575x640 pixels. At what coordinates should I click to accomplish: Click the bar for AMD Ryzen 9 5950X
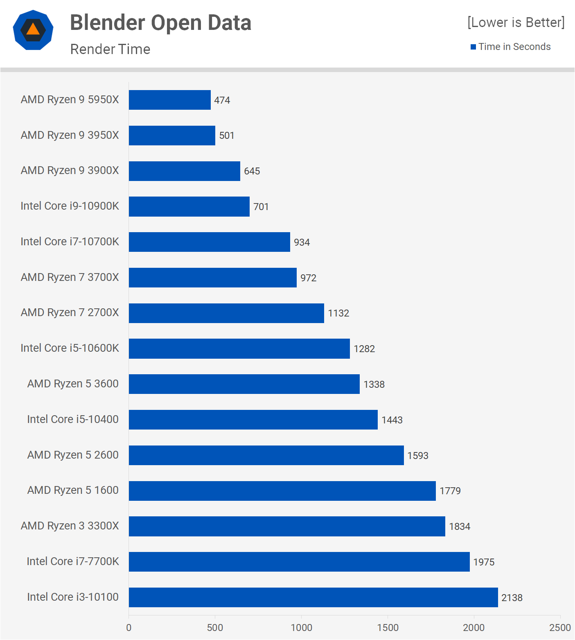tap(169, 100)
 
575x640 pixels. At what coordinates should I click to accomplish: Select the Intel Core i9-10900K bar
tap(189, 206)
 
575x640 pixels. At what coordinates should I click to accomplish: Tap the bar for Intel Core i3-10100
tap(313, 597)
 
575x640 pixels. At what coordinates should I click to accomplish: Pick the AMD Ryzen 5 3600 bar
tap(244, 384)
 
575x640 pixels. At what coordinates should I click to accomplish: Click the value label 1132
tap(338, 313)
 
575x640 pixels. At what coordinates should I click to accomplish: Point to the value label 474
tap(222, 100)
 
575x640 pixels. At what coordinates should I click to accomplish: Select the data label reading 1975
tap(484, 562)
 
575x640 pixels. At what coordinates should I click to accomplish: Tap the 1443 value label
tap(392, 420)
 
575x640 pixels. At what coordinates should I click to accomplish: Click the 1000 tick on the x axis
tap(301, 628)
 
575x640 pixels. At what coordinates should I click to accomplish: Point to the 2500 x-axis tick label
tap(560, 628)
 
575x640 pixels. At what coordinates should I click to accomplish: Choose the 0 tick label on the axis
tap(129, 628)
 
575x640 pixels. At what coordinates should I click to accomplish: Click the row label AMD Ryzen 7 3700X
tap(70, 277)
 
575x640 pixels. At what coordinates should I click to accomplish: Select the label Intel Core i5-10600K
tap(70, 348)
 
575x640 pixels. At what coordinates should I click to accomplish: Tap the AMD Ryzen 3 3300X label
tap(70, 526)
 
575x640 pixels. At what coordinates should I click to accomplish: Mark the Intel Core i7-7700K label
tap(72, 561)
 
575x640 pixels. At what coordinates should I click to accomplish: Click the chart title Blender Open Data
tap(160, 23)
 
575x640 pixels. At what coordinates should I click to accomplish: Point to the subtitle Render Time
tap(110, 49)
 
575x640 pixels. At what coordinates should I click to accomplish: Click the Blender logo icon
tap(33, 30)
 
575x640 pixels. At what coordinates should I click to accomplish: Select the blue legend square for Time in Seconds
tap(473, 47)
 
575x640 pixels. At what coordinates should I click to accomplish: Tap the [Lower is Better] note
tap(516, 23)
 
